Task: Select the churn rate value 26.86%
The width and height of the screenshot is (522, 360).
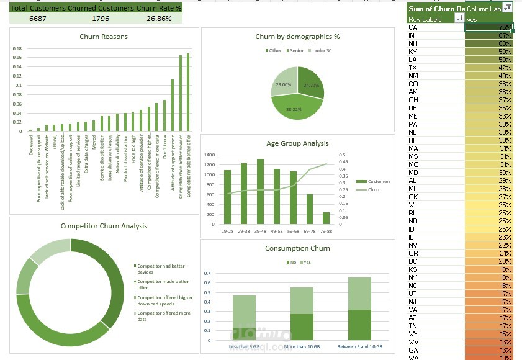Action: [159, 19]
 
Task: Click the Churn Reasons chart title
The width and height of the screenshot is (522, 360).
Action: [104, 37]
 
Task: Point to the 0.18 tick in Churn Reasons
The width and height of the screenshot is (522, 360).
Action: [17, 49]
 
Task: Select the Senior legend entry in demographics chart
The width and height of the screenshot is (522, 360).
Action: [295, 50]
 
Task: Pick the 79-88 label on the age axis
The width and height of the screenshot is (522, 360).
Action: [326, 230]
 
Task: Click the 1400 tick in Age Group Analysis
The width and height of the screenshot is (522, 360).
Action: [209, 155]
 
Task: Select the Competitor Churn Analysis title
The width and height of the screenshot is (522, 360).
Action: [104, 226]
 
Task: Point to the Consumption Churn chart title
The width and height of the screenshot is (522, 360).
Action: [297, 248]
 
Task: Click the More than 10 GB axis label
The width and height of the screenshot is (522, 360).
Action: [302, 346]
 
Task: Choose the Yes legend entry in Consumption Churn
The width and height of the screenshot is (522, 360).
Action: [305, 263]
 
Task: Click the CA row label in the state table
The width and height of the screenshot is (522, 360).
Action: [413, 27]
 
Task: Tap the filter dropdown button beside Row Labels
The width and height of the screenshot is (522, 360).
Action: [459, 19]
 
